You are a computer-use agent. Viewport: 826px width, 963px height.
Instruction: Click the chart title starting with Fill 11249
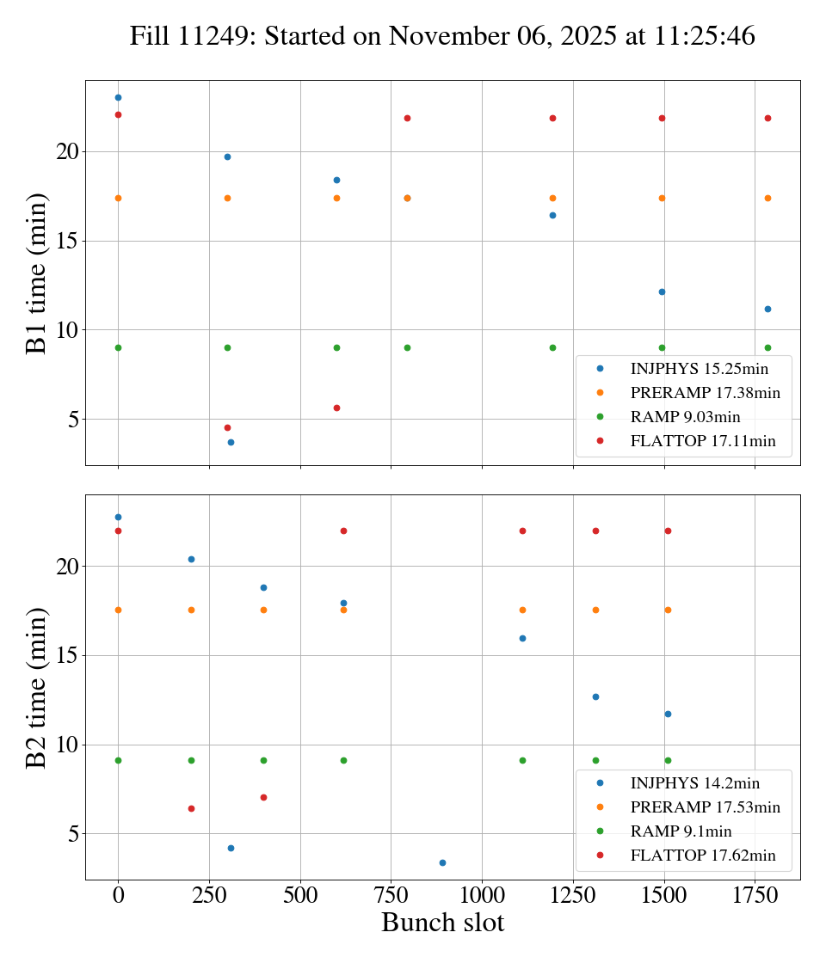[442, 35]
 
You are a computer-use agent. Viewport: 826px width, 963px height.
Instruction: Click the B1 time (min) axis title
[36, 273]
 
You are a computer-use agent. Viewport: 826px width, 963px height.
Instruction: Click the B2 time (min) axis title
[36, 687]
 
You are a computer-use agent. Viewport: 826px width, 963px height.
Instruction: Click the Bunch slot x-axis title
[442, 923]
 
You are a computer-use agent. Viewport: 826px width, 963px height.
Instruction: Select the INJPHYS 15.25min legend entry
[699, 369]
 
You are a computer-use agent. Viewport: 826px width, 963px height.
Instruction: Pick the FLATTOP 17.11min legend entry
[703, 441]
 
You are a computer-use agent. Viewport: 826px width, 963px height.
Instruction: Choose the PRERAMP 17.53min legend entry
[705, 807]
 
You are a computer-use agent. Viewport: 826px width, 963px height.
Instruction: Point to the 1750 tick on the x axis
[755, 895]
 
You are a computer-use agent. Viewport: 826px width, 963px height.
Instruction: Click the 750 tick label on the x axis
[391, 895]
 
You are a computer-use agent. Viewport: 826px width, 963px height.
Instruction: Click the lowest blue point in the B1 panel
[231, 442]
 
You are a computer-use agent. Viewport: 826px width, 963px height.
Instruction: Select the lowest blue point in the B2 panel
[442, 862]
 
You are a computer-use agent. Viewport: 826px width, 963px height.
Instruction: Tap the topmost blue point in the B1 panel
[118, 97]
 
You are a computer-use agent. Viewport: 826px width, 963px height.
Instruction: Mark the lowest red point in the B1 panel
[227, 427]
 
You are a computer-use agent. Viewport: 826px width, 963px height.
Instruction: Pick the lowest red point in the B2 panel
[191, 808]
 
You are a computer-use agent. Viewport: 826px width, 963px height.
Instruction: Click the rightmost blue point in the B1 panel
[767, 309]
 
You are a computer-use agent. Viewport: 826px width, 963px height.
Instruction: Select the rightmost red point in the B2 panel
[668, 531]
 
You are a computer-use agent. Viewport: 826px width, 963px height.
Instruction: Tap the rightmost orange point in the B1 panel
[767, 198]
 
